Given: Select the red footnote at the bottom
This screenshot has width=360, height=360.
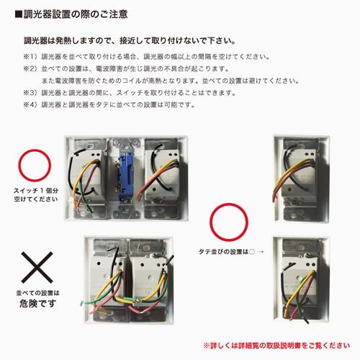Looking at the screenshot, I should pyautogui.click(x=271, y=345).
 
